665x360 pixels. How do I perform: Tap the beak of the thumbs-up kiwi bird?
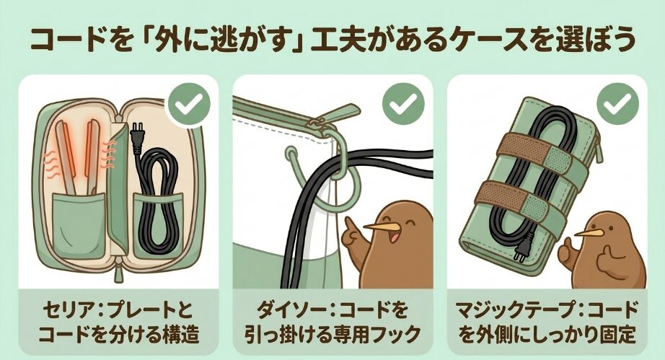[x=589, y=233]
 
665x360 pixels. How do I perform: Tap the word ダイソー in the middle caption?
[x=289, y=310]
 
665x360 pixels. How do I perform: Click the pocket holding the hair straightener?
[x=79, y=225]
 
